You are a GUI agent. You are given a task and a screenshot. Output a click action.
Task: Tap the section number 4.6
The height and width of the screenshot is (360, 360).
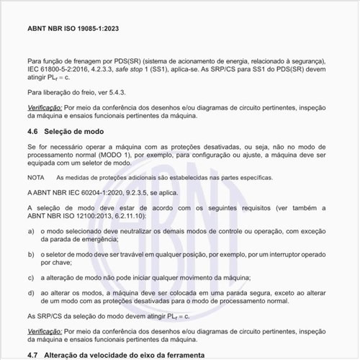pos(31,132)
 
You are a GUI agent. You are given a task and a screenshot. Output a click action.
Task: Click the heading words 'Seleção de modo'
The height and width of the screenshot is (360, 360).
pos(73,132)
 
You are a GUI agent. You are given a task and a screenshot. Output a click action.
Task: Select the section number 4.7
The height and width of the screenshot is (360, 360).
pos(31,355)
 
